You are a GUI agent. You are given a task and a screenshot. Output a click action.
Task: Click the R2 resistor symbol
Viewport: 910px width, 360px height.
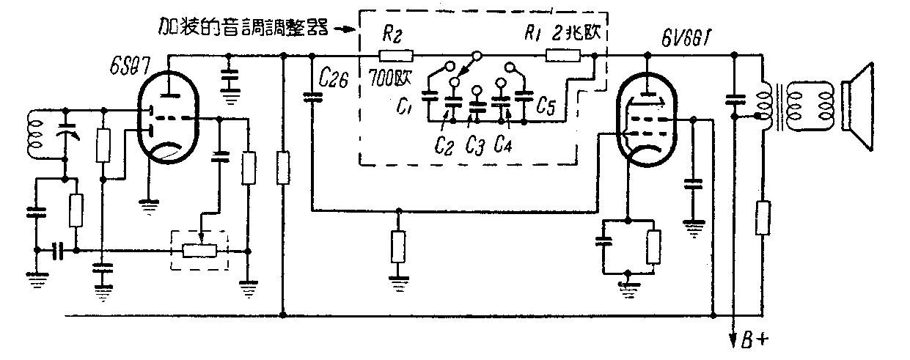(396, 56)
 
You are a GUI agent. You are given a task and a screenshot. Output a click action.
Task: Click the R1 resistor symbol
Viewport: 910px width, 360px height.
(563, 56)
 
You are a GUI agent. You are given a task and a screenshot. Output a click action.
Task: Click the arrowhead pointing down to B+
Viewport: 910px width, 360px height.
(733, 339)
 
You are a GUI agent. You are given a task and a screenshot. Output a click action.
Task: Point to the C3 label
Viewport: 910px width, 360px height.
(474, 145)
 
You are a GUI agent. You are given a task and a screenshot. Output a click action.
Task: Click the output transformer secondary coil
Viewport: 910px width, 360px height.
(815, 105)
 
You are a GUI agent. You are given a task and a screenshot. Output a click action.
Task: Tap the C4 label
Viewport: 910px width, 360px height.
(503, 144)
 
